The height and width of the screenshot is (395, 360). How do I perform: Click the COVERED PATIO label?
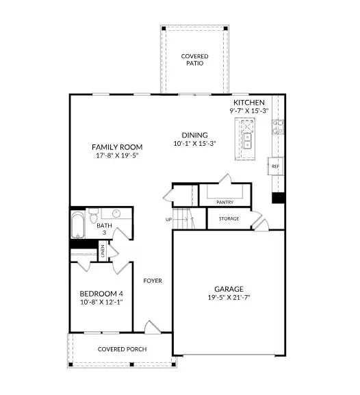pos(194,60)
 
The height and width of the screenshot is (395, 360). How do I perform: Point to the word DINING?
pos(194,135)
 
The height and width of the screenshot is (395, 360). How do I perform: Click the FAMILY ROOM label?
pos(118,147)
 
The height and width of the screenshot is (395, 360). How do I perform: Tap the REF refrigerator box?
pos(275,166)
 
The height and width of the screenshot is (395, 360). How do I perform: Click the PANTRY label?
pos(225,203)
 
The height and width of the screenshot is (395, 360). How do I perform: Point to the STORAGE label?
pos(229,219)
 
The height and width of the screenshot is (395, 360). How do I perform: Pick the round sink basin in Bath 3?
pos(116,214)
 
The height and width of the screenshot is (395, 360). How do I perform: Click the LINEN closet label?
pos(102,251)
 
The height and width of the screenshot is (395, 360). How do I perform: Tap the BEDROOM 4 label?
pos(101,294)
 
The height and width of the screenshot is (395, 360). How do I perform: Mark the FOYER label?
pos(152,281)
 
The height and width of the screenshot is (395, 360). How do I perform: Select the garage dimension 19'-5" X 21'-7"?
pos(228,298)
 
